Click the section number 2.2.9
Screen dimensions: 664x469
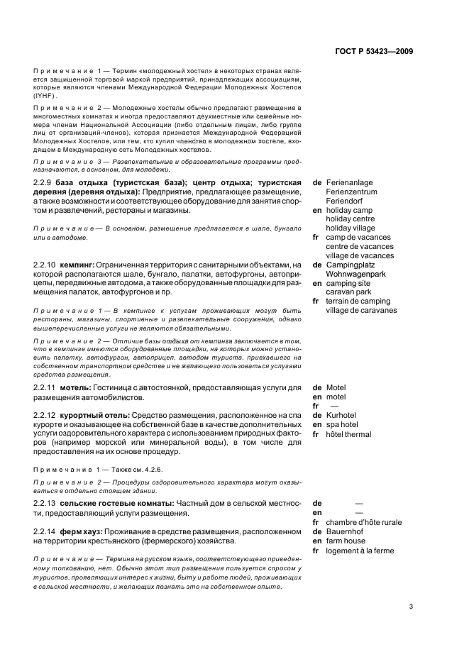click(45, 183)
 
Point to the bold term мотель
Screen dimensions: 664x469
click(76, 388)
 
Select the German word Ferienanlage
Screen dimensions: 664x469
click(350, 183)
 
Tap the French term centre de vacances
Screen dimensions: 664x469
click(360, 247)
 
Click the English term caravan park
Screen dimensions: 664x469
click(349, 292)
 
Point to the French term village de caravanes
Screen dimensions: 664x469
click(362, 311)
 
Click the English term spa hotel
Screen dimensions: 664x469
click(342, 425)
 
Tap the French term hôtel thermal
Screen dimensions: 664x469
click(348, 434)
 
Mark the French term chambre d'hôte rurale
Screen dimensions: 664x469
click(363, 523)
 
